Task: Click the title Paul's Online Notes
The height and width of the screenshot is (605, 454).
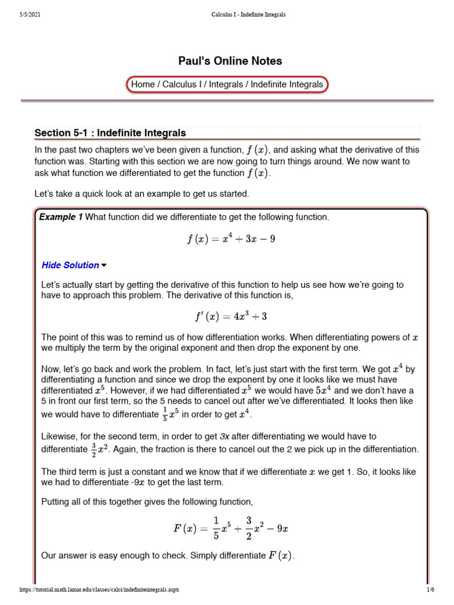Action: point(230,61)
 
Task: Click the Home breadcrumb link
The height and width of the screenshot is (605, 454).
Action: point(142,84)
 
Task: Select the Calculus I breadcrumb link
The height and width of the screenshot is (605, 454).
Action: point(180,84)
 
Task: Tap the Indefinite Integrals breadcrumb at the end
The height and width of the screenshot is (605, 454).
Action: point(287,84)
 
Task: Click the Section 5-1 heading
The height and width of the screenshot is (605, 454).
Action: point(110,132)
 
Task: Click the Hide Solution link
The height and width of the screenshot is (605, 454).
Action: point(70,265)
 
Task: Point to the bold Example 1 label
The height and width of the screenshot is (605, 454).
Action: point(61,217)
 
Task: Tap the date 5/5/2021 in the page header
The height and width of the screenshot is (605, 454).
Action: point(30,14)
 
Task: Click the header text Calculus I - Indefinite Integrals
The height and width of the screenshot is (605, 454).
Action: point(248,14)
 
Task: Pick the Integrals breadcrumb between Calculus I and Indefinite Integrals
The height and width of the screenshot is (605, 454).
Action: point(226,84)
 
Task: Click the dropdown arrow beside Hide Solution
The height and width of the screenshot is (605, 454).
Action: point(105,265)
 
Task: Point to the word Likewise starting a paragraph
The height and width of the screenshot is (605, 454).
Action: point(59,437)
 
